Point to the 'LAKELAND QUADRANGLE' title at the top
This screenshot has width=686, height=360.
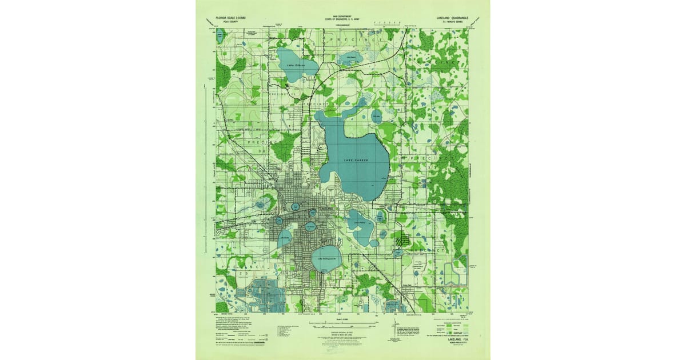point(452,18)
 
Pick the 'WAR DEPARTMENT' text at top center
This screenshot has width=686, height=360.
point(343,17)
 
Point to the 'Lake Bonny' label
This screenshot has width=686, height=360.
point(360,222)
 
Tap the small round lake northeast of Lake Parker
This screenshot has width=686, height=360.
point(376,117)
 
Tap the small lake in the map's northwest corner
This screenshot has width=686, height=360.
point(221,36)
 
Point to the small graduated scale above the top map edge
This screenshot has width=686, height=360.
point(384,23)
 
